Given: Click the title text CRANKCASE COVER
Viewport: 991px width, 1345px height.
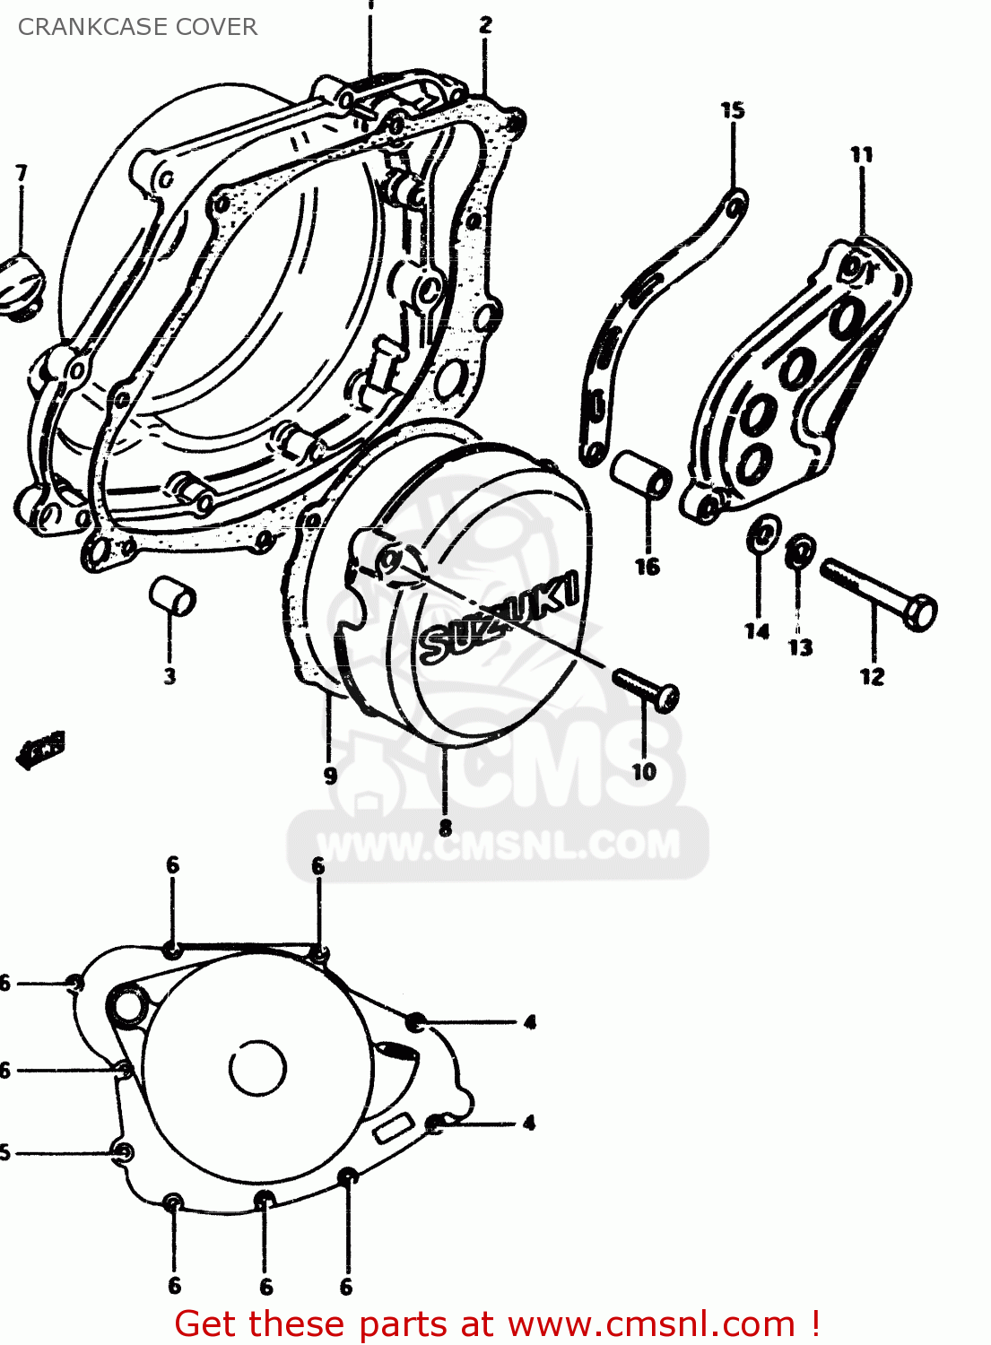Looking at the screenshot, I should point(137,27).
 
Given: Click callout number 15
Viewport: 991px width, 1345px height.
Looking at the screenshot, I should point(733,110).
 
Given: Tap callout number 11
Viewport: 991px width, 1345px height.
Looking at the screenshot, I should point(862,155).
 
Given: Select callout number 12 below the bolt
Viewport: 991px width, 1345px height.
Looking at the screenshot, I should point(873,677).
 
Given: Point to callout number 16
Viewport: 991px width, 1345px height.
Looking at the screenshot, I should point(648,567).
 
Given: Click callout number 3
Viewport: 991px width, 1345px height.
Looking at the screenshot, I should point(170,676).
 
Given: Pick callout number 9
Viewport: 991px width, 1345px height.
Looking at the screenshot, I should point(330,775).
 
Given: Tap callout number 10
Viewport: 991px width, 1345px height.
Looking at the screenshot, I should point(644,771).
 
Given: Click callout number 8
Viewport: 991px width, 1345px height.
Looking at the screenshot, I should point(446,827).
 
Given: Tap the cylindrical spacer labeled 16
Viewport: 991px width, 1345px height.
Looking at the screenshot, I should point(642,474).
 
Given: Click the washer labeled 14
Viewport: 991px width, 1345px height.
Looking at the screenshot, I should point(762,534).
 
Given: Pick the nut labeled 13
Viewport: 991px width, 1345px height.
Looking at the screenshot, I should point(800,551).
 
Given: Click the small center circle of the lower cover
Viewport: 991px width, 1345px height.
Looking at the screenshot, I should point(257,1068).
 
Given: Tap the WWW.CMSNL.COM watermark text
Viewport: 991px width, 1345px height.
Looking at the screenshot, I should point(499,846).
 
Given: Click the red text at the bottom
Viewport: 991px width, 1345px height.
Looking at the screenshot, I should point(497,1323).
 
